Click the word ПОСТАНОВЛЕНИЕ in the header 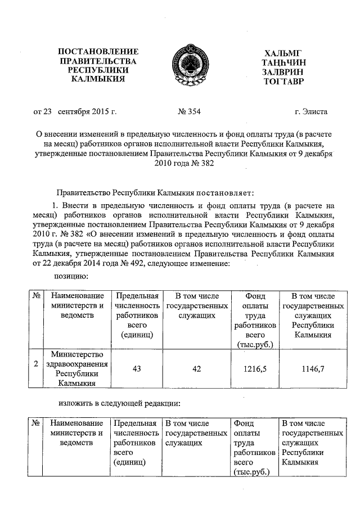[x=98, y=52]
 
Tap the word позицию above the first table [x=71, y=276]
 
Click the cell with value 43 [x=136, y=368]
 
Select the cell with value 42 [x=196, y=368]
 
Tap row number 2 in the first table [x=36, y=364]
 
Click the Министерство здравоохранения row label [x=78, y=369]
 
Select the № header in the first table [x=36, y=296]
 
